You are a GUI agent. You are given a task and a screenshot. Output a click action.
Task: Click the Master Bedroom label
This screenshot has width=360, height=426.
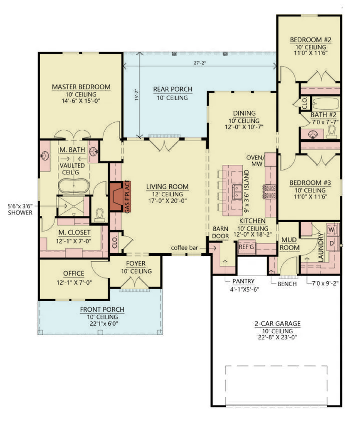point(81,87)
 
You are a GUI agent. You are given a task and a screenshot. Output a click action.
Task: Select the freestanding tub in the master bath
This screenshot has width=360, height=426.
point(74,186)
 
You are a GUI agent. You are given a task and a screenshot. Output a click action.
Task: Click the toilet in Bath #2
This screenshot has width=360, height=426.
point(331,132)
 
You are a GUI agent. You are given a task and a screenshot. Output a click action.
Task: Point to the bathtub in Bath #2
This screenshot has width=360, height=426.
point(325,104)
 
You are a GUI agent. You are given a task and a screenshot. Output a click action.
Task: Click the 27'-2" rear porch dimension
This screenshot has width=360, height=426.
point(200,63)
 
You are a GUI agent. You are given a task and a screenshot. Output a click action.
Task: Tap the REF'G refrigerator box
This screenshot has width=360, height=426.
point(247,247)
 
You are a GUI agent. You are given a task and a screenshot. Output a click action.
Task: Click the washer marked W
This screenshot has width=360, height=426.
point(332,230)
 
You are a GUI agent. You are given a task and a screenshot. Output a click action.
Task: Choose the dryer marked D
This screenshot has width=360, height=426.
point(332,243)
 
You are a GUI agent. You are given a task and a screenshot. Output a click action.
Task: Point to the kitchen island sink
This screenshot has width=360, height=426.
point(238,191)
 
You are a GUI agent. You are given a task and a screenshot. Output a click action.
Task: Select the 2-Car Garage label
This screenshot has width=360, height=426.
point(277,324)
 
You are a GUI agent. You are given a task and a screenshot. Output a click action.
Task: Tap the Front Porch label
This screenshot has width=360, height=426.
point(102,310)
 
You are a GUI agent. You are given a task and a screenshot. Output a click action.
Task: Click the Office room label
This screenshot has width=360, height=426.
point(74,274)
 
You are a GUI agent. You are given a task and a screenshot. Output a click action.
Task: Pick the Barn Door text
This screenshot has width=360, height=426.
point(220,233)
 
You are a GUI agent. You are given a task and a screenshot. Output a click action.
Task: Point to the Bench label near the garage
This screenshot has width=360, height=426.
point(287,284)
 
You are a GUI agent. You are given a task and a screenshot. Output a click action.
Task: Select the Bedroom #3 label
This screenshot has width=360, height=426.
point(310,183)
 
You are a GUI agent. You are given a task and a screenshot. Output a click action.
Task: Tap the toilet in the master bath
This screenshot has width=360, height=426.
point(100,215)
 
